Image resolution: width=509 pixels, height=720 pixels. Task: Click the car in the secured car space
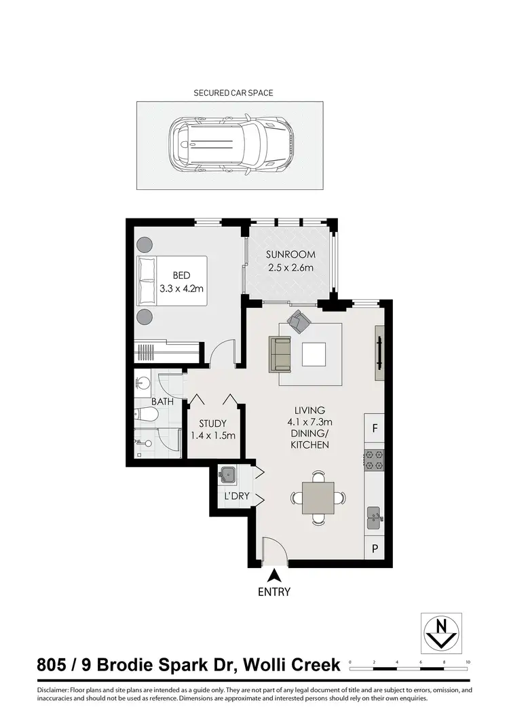(231, 145)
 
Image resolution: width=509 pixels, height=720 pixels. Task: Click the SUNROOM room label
(290, 261)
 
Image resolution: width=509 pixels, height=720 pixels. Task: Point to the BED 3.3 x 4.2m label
(181, 282)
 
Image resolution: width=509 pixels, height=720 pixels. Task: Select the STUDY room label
(212, 430)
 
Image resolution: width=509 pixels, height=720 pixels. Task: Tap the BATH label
(162, 402)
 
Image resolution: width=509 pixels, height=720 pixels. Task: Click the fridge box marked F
(375, 428)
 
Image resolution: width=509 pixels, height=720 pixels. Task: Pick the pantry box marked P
(375, 546)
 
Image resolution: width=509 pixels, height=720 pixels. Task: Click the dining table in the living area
(318, 496)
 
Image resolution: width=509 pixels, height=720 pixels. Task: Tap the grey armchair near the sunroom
(298, 321)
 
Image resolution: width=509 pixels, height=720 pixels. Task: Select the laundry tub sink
(228, 474)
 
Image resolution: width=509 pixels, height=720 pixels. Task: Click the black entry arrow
(275, 575)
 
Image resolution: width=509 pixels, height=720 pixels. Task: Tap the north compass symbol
(441, 632)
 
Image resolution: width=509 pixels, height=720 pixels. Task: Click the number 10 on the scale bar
(468, 660)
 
